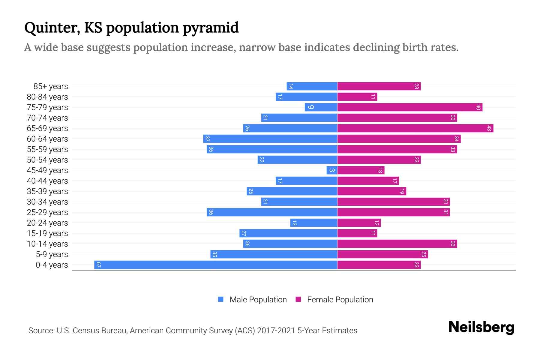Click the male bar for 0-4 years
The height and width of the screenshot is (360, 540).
point(216,265)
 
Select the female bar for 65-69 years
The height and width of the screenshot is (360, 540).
point(415,128)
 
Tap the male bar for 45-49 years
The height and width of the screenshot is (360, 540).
point(332,170)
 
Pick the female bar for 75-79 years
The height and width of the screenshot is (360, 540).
point(410,107)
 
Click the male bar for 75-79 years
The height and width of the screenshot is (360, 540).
point(321,107)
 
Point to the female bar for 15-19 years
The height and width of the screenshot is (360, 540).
point(357,233)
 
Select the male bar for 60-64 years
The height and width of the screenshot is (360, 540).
point(270,139)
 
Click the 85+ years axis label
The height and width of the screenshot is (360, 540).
point(50,86)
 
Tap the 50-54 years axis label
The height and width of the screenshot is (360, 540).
point(47,160)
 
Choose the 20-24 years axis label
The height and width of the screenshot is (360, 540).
point(47,223)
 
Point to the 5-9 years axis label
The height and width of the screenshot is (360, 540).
point(52,254)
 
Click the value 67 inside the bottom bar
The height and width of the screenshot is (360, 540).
point(98,265)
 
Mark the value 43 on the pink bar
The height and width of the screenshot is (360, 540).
point(489,128)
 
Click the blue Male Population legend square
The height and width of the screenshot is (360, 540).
point(221,299)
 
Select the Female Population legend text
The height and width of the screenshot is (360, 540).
point(340,300)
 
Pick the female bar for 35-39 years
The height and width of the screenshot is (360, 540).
point(372,191)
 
